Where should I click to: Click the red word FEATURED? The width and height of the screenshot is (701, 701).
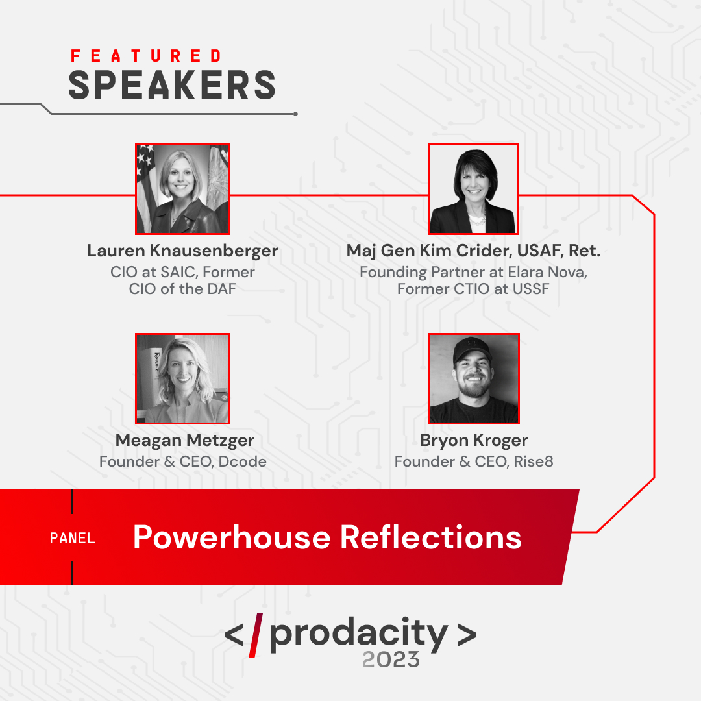[x=146, y=56]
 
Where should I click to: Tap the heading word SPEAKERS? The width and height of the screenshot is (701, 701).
[x=172, y=85]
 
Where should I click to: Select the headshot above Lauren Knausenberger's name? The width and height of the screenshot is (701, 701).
[x=182, y=189]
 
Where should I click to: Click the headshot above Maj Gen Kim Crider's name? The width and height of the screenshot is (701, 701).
[x=473, y=189]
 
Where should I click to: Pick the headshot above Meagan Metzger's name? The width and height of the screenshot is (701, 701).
[x=182, y=378]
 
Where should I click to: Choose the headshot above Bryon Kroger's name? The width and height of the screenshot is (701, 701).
[x=474, y=378]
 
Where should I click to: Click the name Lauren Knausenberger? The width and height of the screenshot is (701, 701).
[x=182, y=251]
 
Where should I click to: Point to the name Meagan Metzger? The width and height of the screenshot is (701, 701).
[x=184, y=440]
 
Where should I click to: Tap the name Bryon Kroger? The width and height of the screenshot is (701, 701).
[x=474, y=440]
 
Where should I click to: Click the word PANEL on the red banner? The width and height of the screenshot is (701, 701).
[x=73, y=538]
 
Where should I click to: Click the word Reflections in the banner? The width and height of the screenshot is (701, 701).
[x=430, y=537]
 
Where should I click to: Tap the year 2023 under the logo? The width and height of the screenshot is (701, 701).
[x=391, y=659]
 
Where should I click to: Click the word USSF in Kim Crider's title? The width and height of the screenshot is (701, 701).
[x=530, y=288]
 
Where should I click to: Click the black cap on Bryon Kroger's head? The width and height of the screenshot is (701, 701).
[x=473, y=349]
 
